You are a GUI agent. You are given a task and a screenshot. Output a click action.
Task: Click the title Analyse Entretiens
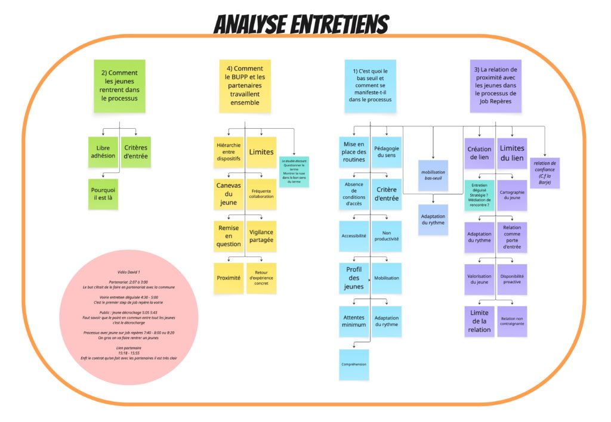click(x=301, y=25)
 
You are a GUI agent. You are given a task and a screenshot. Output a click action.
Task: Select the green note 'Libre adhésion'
click(x=103, y=152)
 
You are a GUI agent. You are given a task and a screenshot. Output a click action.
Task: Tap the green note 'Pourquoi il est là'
click(x=103, y=194)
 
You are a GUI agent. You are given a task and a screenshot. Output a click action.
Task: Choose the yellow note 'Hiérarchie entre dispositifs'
click(x=229, y=152)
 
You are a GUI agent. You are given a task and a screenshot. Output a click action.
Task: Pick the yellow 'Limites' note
click(x=261, y=152)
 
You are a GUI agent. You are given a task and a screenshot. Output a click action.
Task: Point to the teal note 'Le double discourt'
click(x=294, y=172)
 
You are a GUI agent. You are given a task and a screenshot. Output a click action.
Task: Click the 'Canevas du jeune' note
click(x=229, y=194)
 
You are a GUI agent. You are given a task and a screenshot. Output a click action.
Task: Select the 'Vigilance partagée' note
click(x=261, y=236)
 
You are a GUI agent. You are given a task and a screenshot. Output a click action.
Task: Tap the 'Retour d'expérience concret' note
click(x=261, y=278)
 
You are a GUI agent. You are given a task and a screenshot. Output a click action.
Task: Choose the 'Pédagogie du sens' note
click(x=387, y=152)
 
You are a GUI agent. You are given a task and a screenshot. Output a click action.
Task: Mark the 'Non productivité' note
click(x=387, y=236)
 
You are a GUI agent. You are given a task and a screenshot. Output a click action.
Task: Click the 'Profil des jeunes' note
click(x=354, y=278)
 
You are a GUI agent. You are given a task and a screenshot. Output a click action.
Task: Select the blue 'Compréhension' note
click(x=354, y=364)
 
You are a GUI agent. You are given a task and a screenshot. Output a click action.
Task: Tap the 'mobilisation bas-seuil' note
click(x=433, y=175)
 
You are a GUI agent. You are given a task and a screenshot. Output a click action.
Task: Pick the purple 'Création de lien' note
click(x=479, y=153)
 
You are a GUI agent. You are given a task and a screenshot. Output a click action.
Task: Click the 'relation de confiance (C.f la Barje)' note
click(x=545, y=173)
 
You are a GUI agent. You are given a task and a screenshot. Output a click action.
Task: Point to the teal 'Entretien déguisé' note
click(x=479, y=195)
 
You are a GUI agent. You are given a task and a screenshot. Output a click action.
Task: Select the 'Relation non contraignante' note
click(x=512, y=321)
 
